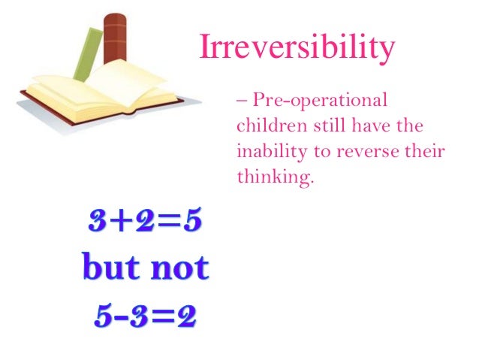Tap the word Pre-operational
pos(320,100)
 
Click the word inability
pos(271,153)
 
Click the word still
pos(318,126)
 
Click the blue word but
pos(109,268)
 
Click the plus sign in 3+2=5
pos(116,222)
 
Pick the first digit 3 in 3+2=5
pos(96,222)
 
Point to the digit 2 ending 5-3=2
pos(188,317)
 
